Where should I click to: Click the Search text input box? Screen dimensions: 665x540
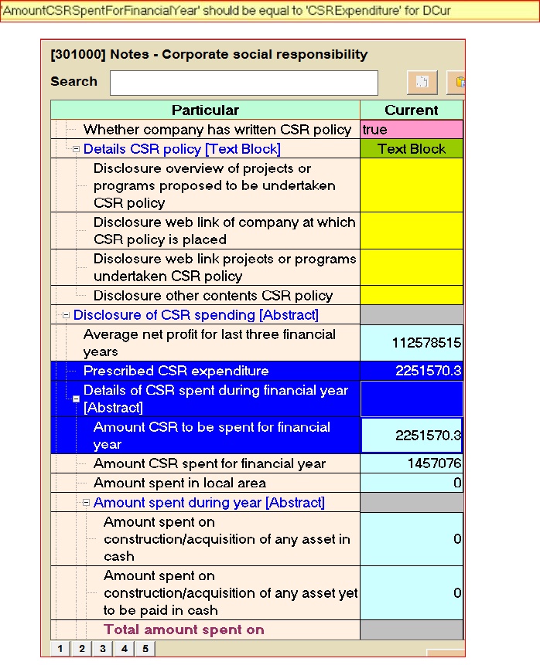tap(244, 83)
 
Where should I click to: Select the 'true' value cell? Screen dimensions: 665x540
tap(411, 130)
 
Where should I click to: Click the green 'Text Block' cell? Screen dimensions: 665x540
tap(411, 149)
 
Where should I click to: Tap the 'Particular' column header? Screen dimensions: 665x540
tap(205, 110)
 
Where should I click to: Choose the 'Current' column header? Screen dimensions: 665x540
tap(411, 110)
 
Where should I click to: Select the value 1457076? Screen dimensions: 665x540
tap(434, 464)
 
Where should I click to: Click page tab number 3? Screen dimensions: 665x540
tap(102, 649)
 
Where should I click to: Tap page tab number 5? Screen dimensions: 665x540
tap(145, 649)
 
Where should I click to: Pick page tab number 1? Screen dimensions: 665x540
tap(60, 649)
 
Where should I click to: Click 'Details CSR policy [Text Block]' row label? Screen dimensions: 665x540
tap(182, 149)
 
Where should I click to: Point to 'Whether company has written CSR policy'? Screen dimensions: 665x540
tap(217, 130)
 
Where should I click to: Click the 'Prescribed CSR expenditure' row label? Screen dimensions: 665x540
tap(176, 372)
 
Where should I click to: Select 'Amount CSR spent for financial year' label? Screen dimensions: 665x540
tap(209, 464)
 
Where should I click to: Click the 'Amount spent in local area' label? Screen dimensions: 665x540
tap(179, 483)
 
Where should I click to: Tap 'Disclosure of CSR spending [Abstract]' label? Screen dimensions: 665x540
tap(196, 315)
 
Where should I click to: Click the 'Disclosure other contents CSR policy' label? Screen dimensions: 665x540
tap(213, 296)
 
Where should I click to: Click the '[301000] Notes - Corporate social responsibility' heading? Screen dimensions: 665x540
tap(209, 55)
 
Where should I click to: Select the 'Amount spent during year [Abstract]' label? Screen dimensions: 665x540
tap(209, 503)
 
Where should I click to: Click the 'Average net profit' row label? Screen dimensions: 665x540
tap(209, 343)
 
